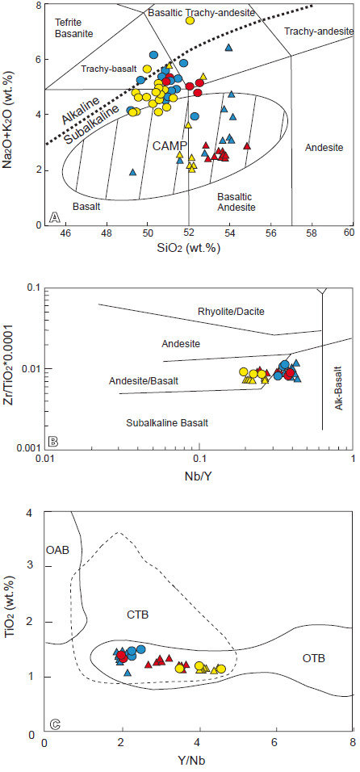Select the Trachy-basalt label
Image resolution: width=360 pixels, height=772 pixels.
point(105,70)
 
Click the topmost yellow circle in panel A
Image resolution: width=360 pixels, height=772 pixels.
point(190,20)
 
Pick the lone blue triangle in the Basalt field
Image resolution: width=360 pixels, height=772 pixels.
point(133,172)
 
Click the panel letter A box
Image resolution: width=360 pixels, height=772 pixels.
point(53,216)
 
